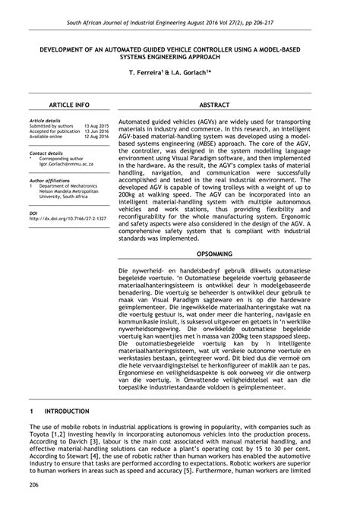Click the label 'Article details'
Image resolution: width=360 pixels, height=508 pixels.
pos(44,120)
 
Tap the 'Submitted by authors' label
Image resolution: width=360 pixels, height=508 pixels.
pos(52,125)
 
